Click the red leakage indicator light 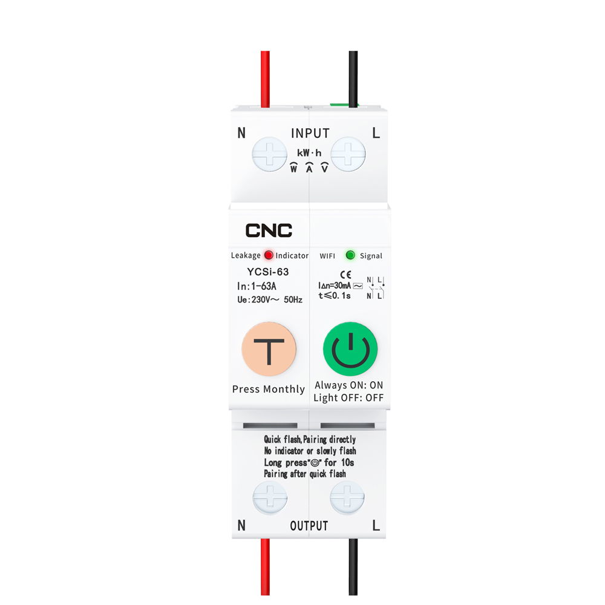click(269, 255)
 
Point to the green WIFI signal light click(350, 255)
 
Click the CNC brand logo click(269, 231)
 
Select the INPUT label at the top click(310, 133)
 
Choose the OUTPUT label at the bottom click(309, 526)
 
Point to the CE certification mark click(345, 274)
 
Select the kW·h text click(309, 153)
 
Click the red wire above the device click(265, 79)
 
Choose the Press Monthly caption click(269, 389)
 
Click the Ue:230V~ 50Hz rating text click(270, 299)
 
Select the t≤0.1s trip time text click(335, 296)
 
